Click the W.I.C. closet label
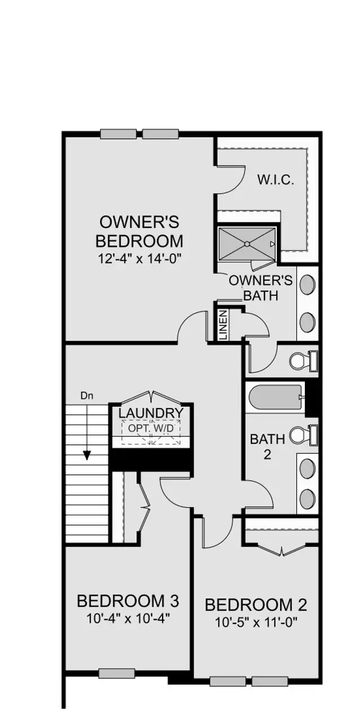(276, 181)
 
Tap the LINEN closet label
(223, 325)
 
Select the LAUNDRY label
(151, 413)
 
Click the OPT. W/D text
(151, 428)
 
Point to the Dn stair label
(87, 396)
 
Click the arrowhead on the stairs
(87, 455)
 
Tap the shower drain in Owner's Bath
(247, 244)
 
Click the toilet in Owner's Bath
(304, 361)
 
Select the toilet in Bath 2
(304, 435)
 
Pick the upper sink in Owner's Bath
(308, 284)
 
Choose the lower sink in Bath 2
(308, 499)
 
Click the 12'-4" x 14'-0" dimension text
(139, 258)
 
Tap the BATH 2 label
(267, 447)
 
